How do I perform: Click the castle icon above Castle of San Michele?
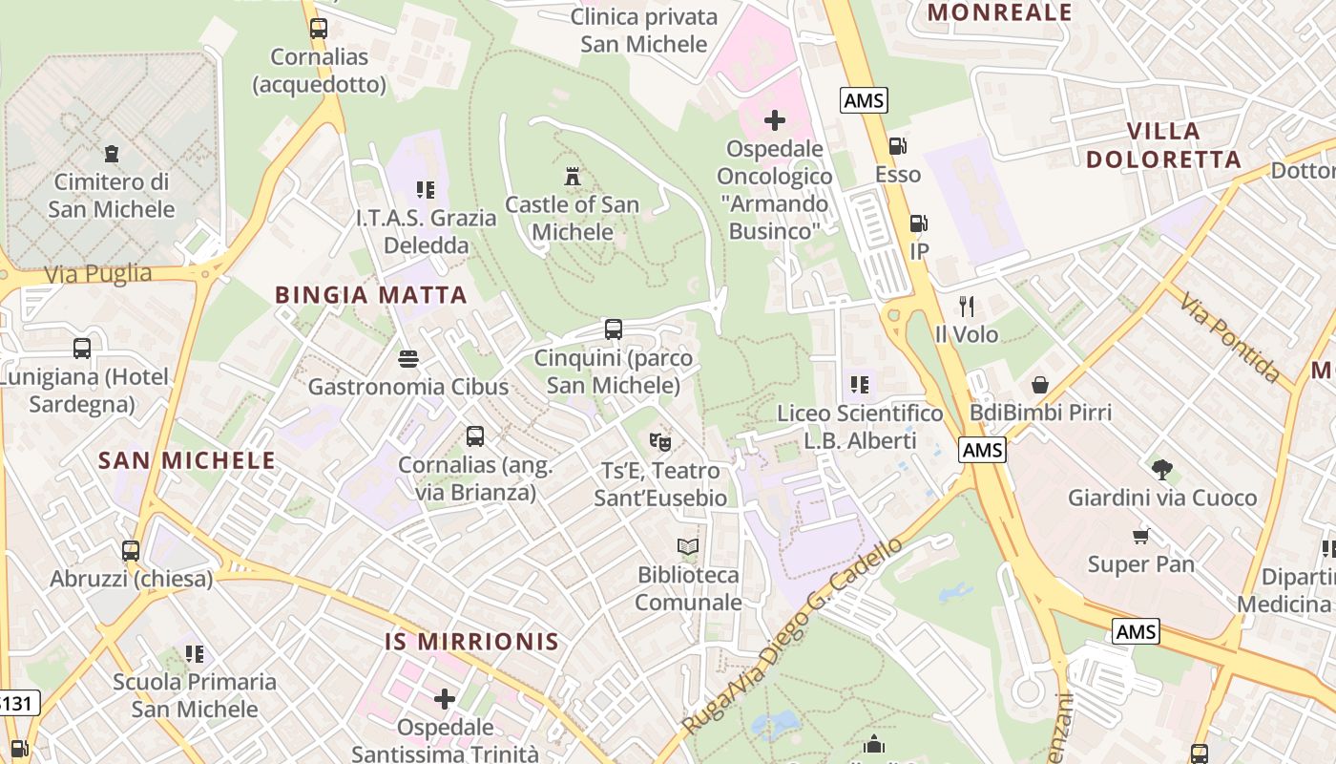573,177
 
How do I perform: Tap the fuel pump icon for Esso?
898,146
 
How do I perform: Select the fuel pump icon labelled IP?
919,223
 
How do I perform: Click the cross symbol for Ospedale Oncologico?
775,120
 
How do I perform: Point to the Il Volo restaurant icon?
967,307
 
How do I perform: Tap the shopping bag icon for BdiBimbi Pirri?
1040,385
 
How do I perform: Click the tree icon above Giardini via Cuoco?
1161,469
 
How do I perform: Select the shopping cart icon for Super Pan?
1141,536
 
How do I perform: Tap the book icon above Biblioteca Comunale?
688,547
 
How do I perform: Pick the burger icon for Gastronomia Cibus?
408,359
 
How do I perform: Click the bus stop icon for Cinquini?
614,329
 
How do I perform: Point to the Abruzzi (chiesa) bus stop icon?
131,551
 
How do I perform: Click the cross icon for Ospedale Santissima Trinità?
445,699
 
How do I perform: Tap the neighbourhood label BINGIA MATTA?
371,295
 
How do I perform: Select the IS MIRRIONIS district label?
471,642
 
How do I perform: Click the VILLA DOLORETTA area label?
1163,145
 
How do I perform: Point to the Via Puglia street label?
98,274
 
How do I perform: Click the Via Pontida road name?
1228,337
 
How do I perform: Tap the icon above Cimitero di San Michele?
112,153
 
